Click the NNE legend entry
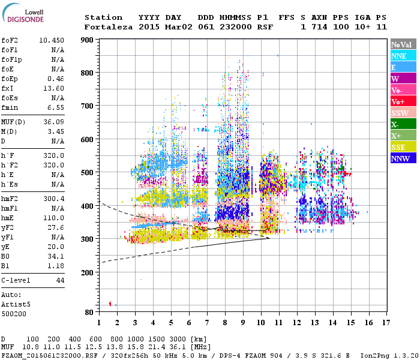[403, 56]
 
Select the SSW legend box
[403, 113]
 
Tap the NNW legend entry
[403, 158]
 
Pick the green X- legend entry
[403, 124]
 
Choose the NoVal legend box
[403, 44]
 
